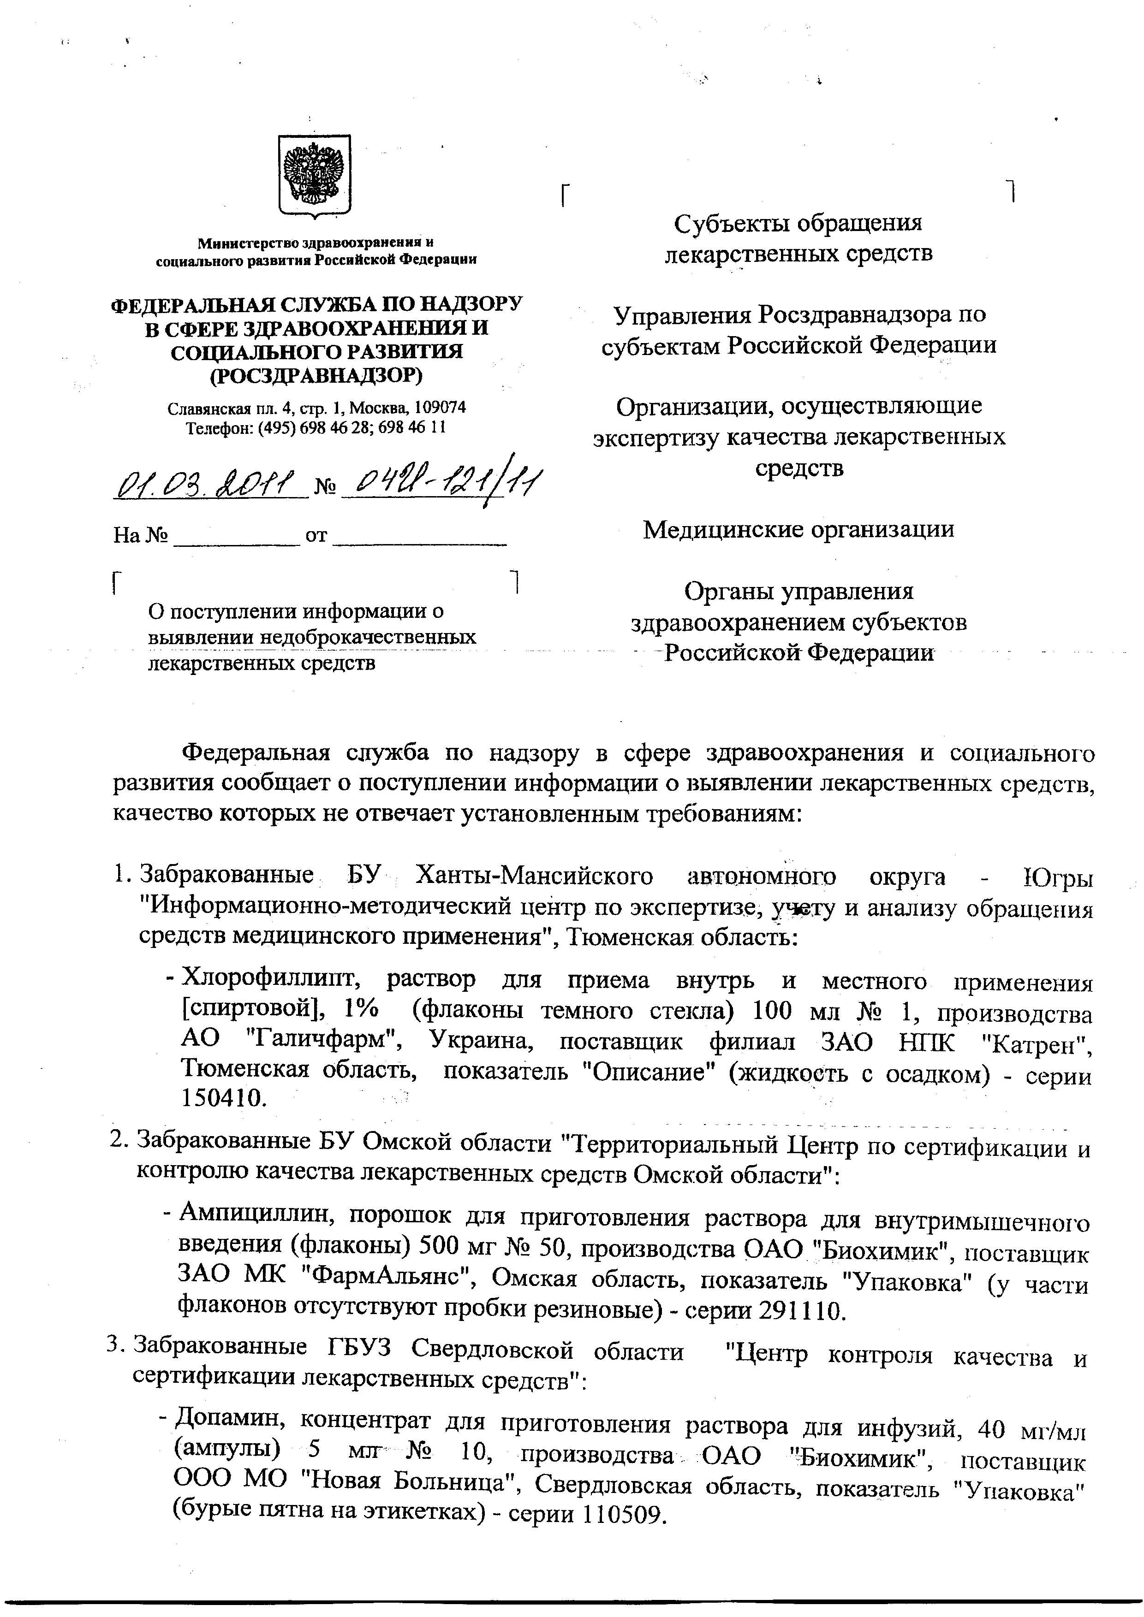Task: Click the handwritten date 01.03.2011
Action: click(210, 485)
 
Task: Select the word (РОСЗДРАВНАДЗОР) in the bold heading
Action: click(316, 376)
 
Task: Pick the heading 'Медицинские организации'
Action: click(799, 529)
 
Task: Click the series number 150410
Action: click(224, 1098)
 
